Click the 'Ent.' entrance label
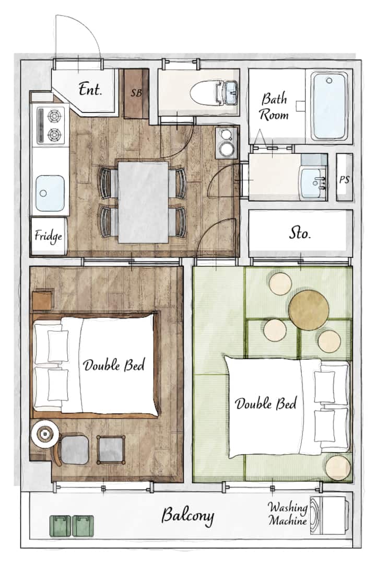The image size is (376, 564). (x=90, y=89)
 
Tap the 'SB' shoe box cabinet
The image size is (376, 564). (x=136, y=94)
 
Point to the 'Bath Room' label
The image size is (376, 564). (x=274, y=107)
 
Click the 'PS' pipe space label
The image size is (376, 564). (x=344, y=179)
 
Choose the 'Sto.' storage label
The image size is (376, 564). (x=299, y=234)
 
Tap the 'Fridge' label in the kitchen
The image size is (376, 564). (x=48, y=237)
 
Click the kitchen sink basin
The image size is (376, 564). (x=50, y=193)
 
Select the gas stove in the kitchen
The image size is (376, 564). (x=51, y=125)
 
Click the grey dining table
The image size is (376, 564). (x=143, y=202)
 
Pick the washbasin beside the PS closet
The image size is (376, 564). (x=313, y=182)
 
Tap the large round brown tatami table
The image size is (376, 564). (x=309, y=309)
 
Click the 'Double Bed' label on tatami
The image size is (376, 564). (x=266, y=404)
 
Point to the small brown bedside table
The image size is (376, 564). (x=42, y=301)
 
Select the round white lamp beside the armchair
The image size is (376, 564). (x=44, y=434)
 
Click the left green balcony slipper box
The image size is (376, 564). (x=60, y=525)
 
